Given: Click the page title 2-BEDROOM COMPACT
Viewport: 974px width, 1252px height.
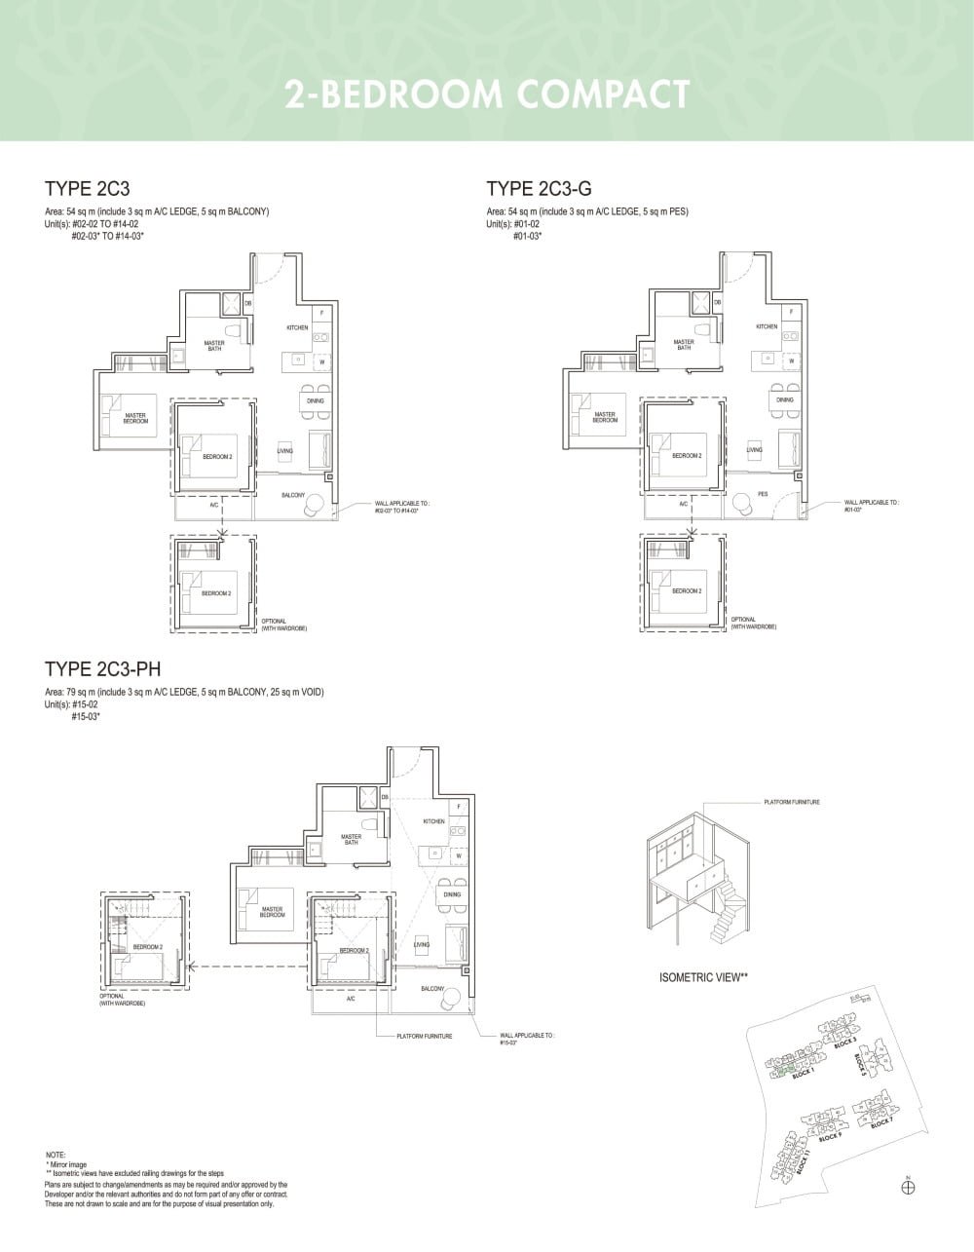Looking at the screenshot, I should click(x=487, y=95).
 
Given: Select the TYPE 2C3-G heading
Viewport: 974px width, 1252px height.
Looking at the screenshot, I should click(x=539, y=188).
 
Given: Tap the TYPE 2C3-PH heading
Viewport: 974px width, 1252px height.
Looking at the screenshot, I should click(x=103, y=668).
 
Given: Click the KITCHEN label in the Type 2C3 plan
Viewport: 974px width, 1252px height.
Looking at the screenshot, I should click(x=297, y=327).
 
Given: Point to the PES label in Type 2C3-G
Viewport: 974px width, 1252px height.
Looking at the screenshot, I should click(x=763, y=494).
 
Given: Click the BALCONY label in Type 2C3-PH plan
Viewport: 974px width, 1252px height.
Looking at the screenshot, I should click(x=432, y=989).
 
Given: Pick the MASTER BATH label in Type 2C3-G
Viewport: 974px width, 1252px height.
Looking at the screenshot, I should click(x=684, y=344).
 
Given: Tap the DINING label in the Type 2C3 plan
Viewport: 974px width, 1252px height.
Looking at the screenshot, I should click(x=315, y=400).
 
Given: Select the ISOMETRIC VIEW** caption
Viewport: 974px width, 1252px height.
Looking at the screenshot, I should click(x=703, y=977).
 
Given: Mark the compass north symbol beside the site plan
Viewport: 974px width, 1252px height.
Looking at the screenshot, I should click(x=908, y=1186).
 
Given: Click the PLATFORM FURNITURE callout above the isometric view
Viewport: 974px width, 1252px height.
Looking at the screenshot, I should click(x=792, y=802).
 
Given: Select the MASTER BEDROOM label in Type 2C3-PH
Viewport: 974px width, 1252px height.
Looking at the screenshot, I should click(x=273, y=913).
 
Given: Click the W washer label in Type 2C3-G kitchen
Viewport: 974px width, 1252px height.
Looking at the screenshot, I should click(x=792, y=360).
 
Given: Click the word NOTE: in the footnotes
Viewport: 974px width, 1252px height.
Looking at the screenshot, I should click(x=56, y=1155).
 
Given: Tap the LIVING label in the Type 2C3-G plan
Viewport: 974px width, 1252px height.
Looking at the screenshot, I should click(x=755, y=450).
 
